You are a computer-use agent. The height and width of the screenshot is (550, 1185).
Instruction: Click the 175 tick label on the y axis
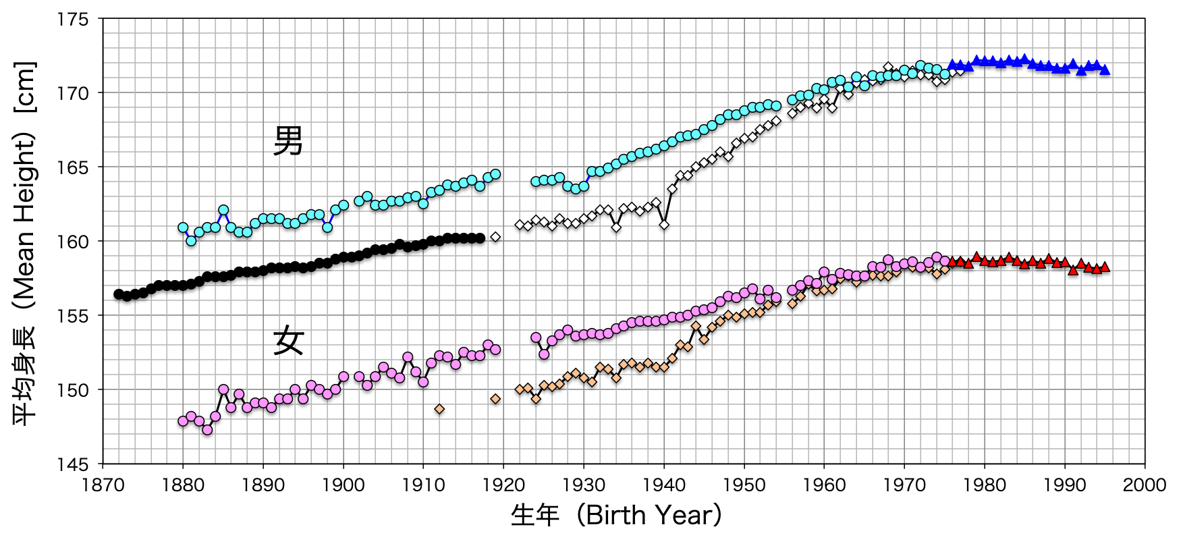coord(72,20)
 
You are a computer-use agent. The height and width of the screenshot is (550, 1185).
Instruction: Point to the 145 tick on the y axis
coord(72,464)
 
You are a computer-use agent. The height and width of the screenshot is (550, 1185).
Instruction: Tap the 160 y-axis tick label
coord(72,242)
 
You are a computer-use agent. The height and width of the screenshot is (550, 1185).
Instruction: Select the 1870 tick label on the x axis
coord(103,485)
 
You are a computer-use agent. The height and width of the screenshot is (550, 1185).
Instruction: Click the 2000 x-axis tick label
coord(1145,485)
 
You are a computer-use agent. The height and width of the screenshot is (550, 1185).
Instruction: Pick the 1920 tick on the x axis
coord(503,485)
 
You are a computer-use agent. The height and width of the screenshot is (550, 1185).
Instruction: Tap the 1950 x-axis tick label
coord(744,485)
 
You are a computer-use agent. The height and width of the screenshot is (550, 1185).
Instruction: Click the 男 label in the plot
coord(288,141)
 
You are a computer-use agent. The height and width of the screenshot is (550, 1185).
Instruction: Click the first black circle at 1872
coord(119,294)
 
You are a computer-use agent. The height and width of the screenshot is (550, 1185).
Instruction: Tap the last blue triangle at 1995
coord(1105,70)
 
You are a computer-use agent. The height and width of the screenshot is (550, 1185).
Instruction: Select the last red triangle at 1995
coord(1105,267)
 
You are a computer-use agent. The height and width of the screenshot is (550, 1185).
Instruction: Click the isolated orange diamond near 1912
coord(439,409)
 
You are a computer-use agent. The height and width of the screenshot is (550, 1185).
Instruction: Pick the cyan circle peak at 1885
coord(223,210)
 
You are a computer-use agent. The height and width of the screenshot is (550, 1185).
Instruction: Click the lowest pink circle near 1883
coord(207,430)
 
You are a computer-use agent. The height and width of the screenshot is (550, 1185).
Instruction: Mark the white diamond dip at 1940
coord(664,225)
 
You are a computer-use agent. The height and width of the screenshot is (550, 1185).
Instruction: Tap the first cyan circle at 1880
coord(183,227)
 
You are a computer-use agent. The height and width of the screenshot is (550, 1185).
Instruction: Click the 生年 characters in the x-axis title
coord(535,515)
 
